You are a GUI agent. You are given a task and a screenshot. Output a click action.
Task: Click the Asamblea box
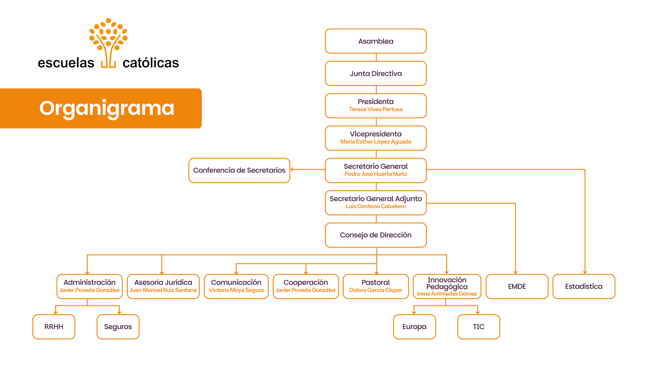click(x=375, y=41)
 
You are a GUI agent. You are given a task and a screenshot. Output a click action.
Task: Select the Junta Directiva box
click(x=375, y=74)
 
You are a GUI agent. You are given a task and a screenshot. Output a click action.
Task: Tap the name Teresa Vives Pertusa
click(x=375, y=109)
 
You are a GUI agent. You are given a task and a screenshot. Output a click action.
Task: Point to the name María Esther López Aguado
click(x=375, y=142)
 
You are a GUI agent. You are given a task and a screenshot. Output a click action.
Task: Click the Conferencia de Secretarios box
click(x=239, y=170)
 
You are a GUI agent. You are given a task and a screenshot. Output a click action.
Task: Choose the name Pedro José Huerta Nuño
click(x=375, y=174)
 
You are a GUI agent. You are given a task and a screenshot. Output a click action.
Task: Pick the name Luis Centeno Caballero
click(x=375, y=206)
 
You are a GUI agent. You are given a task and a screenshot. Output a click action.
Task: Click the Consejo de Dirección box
click(x=375, y=235)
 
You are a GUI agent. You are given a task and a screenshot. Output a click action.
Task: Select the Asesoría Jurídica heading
click(x=163, y=282)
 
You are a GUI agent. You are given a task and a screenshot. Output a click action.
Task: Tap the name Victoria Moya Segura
click(x=236, y=290)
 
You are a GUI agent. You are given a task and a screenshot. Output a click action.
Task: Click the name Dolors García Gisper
click(x=375, y=290)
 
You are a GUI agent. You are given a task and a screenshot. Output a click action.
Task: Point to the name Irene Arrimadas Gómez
click(x=447, y=294)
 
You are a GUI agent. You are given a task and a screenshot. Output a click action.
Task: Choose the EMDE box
click(x=517, y=286)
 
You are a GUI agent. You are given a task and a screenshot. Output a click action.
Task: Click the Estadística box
click(x=584, y=286)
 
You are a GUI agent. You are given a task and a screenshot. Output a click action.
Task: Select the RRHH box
click(x=54, y=327)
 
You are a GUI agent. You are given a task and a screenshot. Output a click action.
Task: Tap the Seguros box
click(x=118, y=327)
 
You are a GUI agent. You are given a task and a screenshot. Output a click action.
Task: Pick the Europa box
click(x=414, y=327)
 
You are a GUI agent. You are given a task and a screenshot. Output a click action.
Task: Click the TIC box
click(x=478, y=327)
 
